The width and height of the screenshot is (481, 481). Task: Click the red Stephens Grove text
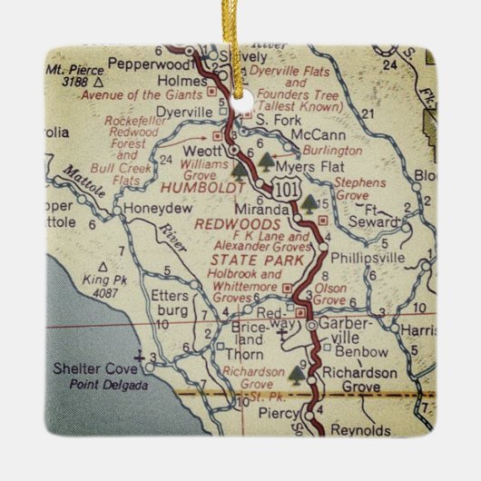(360, 188)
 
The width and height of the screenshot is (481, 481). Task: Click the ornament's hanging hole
(241, 90)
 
